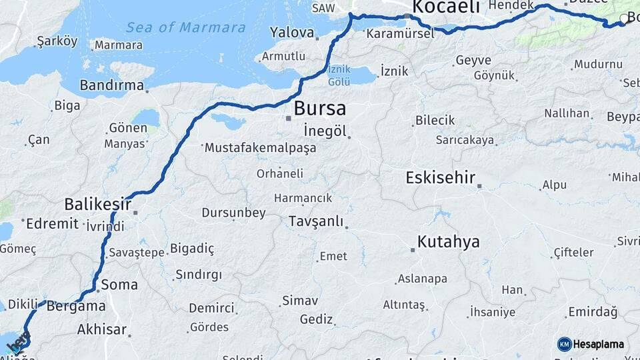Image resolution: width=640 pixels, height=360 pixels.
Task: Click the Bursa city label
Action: point(320,108)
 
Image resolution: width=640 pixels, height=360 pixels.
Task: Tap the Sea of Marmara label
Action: point(186,27)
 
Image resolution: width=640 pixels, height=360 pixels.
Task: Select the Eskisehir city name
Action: point(441,178)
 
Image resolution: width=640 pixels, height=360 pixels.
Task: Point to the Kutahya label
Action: point(449,241)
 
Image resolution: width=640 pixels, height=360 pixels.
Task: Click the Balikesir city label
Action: point(98,203)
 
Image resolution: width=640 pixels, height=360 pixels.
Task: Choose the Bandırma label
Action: point(111,85)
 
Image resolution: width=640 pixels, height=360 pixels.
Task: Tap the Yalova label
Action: point(292,32)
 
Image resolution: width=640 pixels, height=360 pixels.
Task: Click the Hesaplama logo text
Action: point(599,344)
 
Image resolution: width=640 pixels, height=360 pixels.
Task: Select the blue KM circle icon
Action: point(565,344)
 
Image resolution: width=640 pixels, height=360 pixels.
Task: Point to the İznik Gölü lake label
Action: point(339,77)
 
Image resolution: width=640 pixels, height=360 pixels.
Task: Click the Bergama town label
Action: point(77,306)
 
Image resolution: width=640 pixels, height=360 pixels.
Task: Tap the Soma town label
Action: point(119,285)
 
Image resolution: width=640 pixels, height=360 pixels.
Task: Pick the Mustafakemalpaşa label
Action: point(261,147)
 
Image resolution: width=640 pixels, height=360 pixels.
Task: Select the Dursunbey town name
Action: point(234,213)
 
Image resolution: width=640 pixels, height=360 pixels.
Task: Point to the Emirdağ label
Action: point(593,312)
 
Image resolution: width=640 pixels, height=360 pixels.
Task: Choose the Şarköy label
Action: point(57,41)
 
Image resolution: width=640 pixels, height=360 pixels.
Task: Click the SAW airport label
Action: point(323,8)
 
